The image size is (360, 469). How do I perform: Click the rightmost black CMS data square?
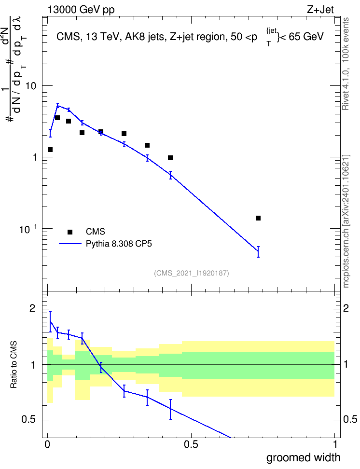tap(258, 218)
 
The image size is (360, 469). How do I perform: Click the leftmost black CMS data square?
tap(50, 150)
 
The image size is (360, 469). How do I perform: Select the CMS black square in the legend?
tap(70, 232)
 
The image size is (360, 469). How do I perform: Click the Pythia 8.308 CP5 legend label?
tap(119, 244)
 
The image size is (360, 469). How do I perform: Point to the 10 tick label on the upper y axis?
tap(30, 86)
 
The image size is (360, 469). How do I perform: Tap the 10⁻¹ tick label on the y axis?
tap(28, 229)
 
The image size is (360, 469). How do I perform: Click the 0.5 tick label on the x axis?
tap(191, 444)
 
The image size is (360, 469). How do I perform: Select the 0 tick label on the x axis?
tap(47, 444)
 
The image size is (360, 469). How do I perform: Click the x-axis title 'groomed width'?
tap(303, 457)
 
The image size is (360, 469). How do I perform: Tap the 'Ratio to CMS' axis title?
tap(14, 365)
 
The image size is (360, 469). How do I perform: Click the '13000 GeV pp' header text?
tap(81, 10)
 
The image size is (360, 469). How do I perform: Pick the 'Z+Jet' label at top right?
tap(320, 10)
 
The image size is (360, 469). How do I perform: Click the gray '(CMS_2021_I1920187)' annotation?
tap(192, 273)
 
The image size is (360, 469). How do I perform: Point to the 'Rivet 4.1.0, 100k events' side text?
tap(346, 64)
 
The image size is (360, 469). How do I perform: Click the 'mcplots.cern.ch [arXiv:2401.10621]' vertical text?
tap(346, 221)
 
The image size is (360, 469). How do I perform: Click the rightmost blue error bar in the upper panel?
tap(258, 251)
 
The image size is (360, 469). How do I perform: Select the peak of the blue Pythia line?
tap(58, 105)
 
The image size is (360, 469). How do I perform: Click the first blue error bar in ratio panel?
tap(50, 321)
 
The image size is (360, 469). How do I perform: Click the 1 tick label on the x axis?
tap(335, 444)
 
